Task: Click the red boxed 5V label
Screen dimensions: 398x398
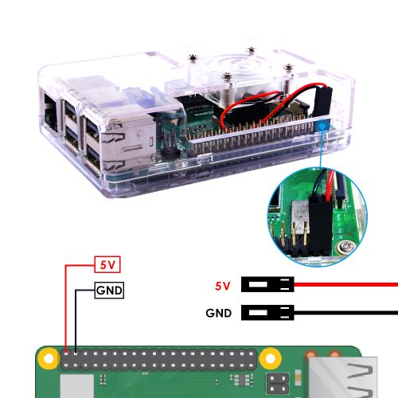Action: tap(107, 264)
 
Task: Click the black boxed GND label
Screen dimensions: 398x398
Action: tap(109, 291)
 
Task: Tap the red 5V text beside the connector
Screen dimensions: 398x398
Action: tap(222, 286)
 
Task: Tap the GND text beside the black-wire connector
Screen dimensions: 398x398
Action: tap(219, 313)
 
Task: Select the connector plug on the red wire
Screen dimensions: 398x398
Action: tap(267, 284)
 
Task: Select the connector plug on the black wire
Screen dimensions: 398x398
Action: tap(267, 312)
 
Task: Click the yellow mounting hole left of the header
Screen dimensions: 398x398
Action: tap(49, 359)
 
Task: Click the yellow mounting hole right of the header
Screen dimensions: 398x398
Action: tap(270, 359)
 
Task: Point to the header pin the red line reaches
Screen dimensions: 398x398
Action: tap(66, 353)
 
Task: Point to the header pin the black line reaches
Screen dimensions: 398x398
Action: tap(76, 353)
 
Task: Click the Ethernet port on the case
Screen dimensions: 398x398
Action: tap(50, 115)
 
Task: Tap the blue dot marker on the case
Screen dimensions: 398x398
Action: tap(322, 127)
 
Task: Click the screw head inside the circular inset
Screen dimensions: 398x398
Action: tap(345, 247)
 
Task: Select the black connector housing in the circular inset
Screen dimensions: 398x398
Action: tap(321, 225)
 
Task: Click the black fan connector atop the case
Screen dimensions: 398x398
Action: tap(322, 101)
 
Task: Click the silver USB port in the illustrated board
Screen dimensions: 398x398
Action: tap(342, 377)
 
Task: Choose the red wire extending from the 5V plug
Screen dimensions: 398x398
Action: tap(346, 285)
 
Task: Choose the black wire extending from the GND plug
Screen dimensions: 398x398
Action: tap(346, 313)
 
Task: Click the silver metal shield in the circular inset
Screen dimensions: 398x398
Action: tap(300, 213)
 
